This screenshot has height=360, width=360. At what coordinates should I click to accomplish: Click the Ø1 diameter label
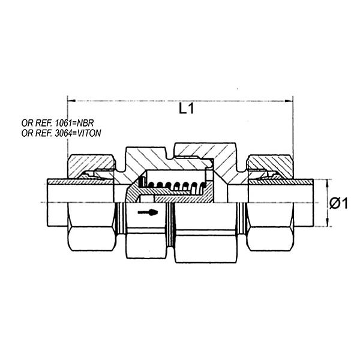tap(339, 203)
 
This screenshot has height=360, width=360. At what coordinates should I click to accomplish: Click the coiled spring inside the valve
tap(177, 185)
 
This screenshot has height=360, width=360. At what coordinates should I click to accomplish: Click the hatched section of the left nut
tap(90, 163)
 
